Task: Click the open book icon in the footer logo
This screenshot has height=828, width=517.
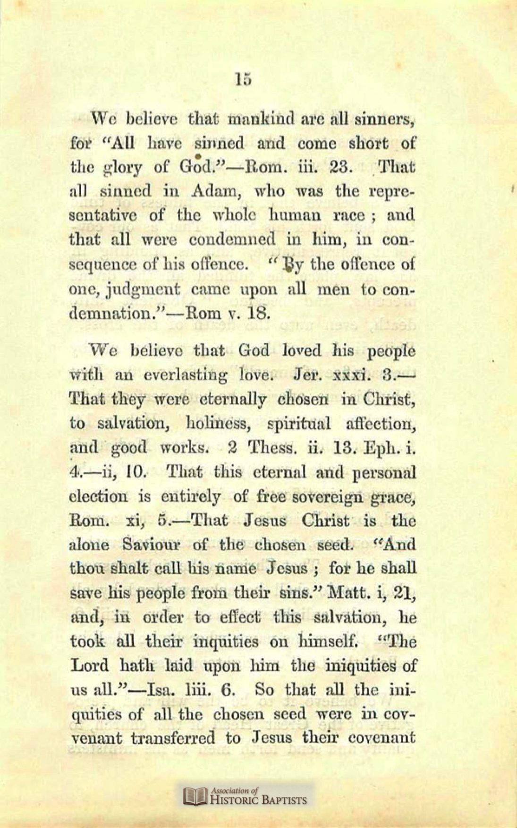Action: pos(195,796)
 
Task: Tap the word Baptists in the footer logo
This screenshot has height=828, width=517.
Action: pos(285,800)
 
